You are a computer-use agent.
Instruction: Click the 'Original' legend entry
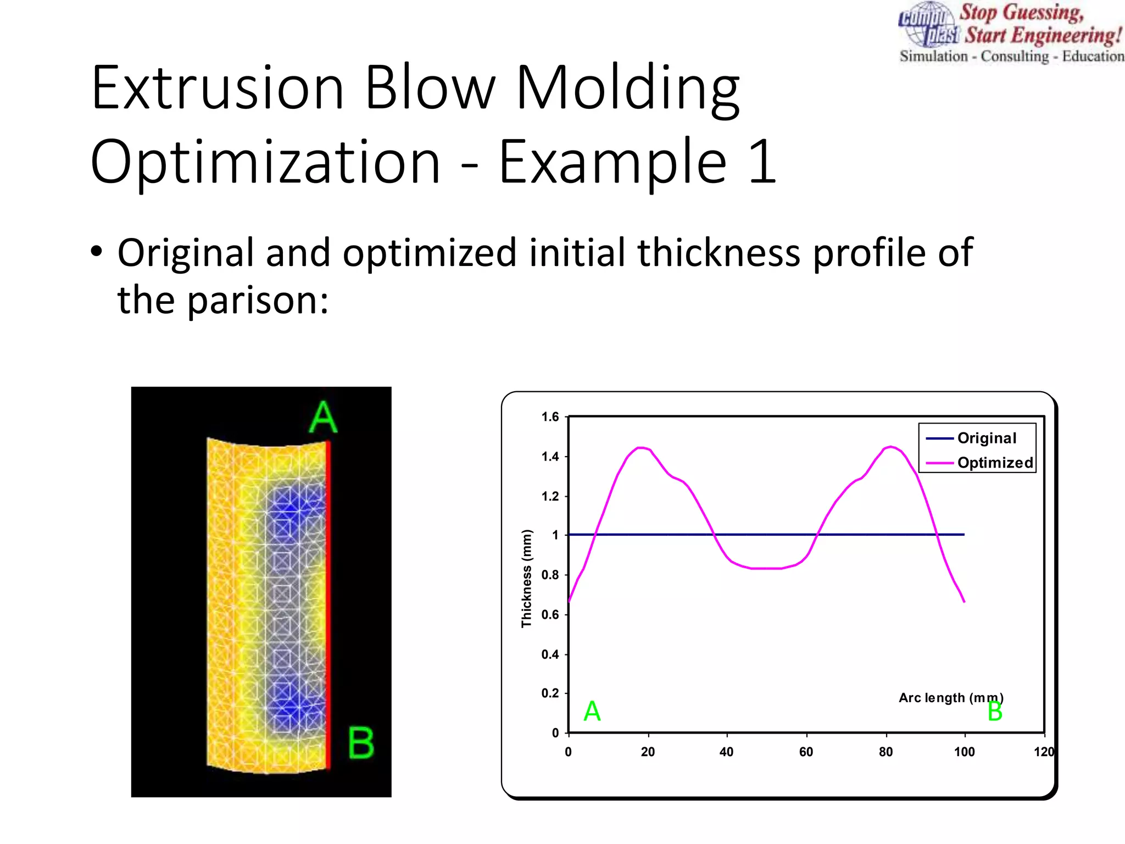987,438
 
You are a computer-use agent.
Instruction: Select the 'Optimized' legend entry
994,463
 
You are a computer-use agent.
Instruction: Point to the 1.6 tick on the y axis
550,417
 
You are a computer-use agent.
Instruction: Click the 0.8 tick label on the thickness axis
550,575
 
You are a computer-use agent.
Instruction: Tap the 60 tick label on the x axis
806,752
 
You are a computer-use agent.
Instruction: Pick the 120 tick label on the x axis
1043,752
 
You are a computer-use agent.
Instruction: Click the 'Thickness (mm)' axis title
527,578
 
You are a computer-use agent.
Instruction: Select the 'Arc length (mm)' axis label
950,698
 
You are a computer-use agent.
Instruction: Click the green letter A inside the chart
592,712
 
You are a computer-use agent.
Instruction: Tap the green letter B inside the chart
995,712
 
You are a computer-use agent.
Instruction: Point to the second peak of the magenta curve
890,447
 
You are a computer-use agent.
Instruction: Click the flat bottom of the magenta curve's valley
766,568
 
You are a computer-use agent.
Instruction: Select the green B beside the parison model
361,743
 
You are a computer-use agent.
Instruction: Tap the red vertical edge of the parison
328,604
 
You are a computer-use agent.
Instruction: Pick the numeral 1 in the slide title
762,162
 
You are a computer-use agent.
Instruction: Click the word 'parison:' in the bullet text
258,301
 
